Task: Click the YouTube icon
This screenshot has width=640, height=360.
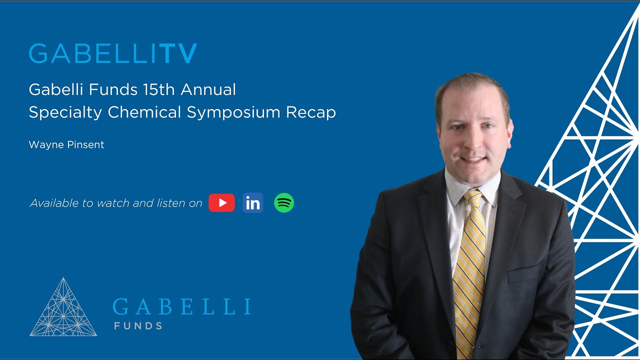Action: (221, 203)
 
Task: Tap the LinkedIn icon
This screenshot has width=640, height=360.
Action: (253, 203)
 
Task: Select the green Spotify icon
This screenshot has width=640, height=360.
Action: (284, 203)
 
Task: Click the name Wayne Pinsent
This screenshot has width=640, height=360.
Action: (66, 145)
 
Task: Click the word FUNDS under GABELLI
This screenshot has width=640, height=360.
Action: (138, 326)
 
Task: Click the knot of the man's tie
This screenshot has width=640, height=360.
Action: (473, 197)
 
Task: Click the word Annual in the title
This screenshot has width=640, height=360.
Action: (208, 90)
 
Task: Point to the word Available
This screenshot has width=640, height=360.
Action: (54, 203)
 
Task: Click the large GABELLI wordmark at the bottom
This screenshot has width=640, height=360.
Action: (181, 306)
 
